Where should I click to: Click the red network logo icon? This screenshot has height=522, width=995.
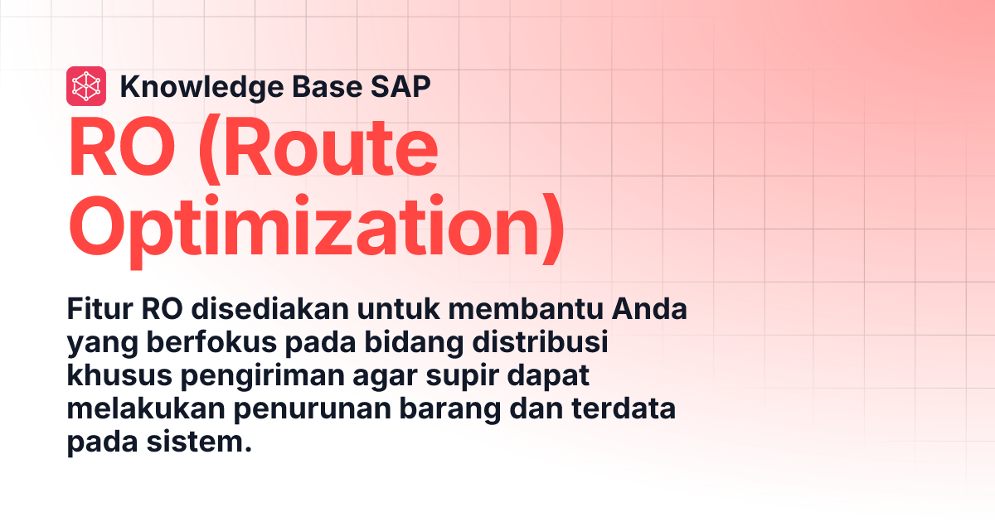[x=85, y=86]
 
